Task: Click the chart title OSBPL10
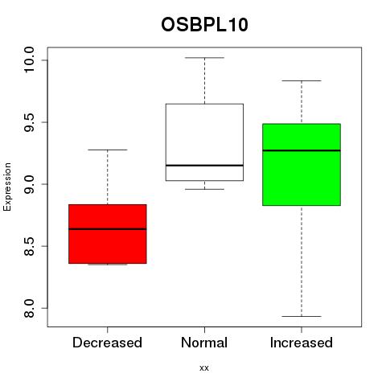click(204, 25)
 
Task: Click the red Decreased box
click(108, 234)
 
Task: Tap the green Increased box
click(302, 165)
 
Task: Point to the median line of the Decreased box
click(108, 229)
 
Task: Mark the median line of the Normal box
click(204, 166)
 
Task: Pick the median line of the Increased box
click(302, 150)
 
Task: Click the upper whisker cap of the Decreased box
click(108, 150)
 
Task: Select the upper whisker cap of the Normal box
click(204, 58)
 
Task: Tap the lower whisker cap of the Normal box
click(204, 189)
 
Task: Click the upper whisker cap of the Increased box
click(302, 80)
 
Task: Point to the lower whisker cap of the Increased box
click(302, 316)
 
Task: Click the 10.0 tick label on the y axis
click(29, 60)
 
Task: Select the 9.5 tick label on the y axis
click(29, 122)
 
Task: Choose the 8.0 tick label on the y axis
click(29, 308)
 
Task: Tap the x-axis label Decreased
click(107, 343)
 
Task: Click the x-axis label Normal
click(204, 343)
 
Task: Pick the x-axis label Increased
click(302, 343)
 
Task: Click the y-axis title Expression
click(7, 187)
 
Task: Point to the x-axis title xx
click(204, 368)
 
